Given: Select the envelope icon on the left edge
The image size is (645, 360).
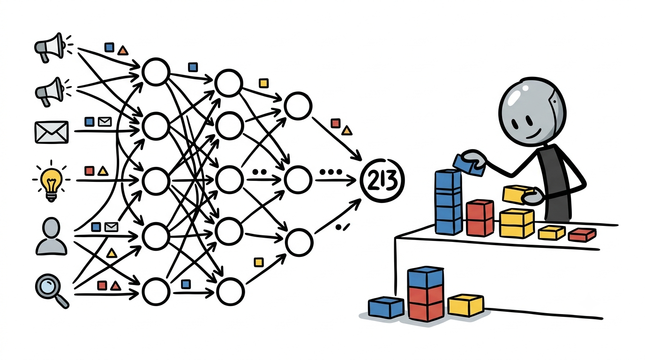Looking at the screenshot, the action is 52,132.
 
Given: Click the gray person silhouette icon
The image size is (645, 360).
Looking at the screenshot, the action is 51,237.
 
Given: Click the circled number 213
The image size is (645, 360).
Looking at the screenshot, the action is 382,180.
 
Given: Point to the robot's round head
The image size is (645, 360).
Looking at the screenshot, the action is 532,112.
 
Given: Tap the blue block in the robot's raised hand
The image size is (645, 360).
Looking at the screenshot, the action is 469,165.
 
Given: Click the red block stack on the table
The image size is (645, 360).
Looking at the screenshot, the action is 480,218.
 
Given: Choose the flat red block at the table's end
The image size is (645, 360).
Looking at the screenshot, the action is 582,234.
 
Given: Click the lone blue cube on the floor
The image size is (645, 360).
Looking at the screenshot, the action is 386,307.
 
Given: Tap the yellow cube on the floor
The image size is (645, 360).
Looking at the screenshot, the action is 465,305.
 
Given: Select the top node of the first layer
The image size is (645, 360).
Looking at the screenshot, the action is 156,72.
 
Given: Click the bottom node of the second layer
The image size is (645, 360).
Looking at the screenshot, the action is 230,292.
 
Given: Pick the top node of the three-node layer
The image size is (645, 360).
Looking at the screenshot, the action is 298,106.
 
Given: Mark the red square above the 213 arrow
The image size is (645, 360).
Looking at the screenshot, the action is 336,123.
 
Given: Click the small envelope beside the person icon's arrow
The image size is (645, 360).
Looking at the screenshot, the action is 111,227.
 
